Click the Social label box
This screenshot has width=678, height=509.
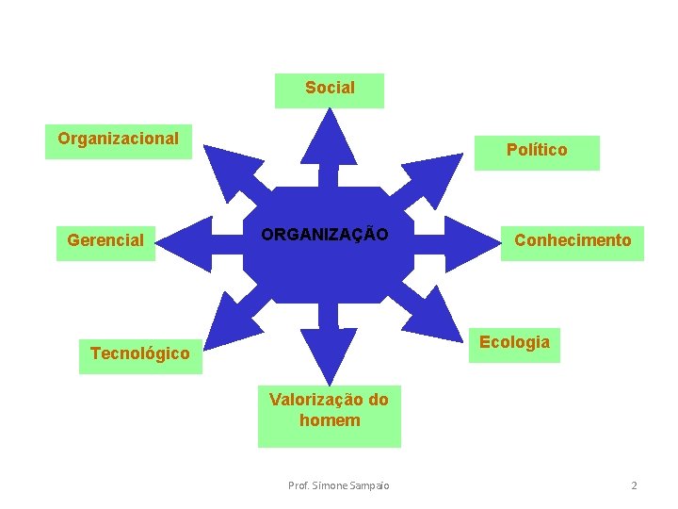coord(330,90)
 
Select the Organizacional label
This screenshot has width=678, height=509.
coord(119,140)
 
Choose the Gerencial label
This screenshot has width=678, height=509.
coord(105,241)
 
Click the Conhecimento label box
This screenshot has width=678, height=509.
coord(573,241)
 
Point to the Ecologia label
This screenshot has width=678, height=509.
coord(514,343)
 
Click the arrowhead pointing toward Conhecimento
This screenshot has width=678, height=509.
coord(471,241)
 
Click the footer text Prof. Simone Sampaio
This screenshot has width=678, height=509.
coord(338,485)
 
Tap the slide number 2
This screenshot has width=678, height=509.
coord(634,485)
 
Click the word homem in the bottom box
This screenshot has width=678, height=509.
coord(330,421)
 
